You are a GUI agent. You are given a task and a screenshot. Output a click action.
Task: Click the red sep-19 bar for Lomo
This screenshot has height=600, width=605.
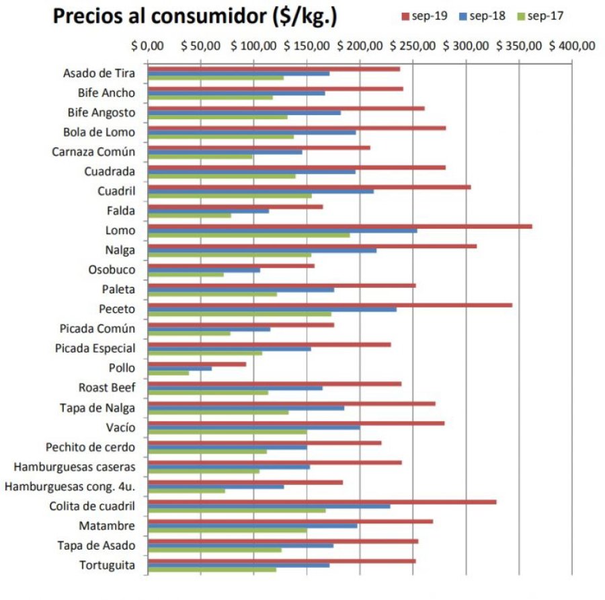coord(339,227)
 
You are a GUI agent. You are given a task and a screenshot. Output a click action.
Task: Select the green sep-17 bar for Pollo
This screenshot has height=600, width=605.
coord(168,373)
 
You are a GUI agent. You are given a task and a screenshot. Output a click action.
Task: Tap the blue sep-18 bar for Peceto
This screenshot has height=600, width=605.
coord(272,309)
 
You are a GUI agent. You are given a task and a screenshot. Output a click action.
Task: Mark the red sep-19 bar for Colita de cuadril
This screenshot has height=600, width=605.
coord(322,502)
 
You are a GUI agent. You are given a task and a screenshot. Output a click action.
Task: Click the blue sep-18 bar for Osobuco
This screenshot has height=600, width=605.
coord(204,270)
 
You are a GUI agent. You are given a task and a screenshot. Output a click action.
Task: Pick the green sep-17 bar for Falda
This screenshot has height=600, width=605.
coord(190,215)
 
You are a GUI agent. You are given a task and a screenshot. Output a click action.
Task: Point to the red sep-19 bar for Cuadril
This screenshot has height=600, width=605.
coord(309,187)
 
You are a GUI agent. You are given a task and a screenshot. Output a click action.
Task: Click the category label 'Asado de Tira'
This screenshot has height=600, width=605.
coord(99,73)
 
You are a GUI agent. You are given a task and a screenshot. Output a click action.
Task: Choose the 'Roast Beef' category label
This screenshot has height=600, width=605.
coord(107,387)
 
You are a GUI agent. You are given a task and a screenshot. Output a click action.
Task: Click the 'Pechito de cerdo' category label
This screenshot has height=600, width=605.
coord(90,447)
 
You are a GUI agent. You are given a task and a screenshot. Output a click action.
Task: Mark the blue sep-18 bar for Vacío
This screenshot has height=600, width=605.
coord(253,428)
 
